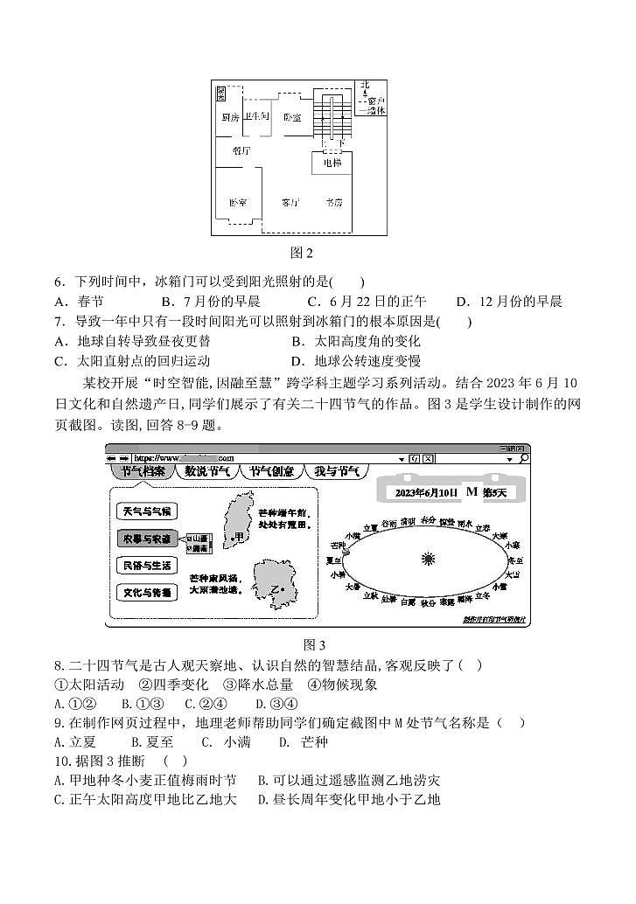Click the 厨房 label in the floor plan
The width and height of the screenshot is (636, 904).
tap(230, 117)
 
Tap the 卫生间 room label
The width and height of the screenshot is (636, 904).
tap(255, 116)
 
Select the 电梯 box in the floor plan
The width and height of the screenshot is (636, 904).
tap(332, 163)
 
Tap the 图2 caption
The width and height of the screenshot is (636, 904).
tap(302, 253)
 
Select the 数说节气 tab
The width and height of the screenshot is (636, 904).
tap(206, 471)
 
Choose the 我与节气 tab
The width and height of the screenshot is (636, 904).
tap(337, 471)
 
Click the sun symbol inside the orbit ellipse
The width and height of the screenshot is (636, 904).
tap(428, 559)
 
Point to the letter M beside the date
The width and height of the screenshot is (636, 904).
tap(472, 492)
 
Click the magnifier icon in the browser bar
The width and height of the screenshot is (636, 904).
tap(523, 457)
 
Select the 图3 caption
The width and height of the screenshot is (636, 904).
tap(313, 644)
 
